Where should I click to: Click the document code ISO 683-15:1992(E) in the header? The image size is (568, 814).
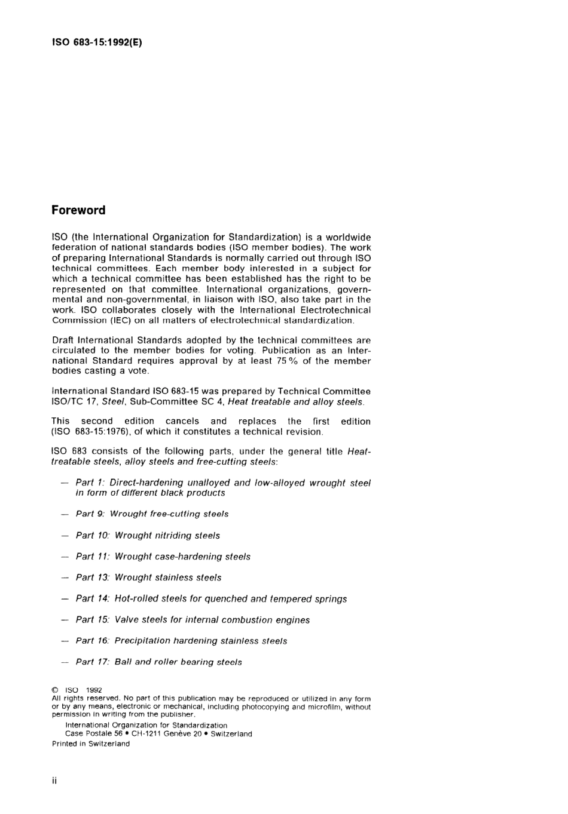point(97,42)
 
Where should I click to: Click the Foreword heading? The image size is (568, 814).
point(78,210)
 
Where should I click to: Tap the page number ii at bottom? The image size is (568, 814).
point(54,781)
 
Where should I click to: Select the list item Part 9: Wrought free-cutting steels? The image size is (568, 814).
point(152,514)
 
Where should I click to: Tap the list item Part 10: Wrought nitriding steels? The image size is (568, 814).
point(148,536)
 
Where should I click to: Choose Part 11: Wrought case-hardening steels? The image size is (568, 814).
point(163,557)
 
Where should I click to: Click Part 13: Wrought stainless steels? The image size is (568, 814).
point(148,578)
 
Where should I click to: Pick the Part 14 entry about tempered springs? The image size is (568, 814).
point(211,599)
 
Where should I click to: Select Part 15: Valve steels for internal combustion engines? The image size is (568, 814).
point(193,620)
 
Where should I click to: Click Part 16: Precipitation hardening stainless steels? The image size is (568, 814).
point(181,641)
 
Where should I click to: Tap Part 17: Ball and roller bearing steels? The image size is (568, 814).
point(158,662)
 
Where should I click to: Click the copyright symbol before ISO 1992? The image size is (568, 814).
point(55,690)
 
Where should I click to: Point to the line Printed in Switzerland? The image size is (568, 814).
point(91,744)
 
